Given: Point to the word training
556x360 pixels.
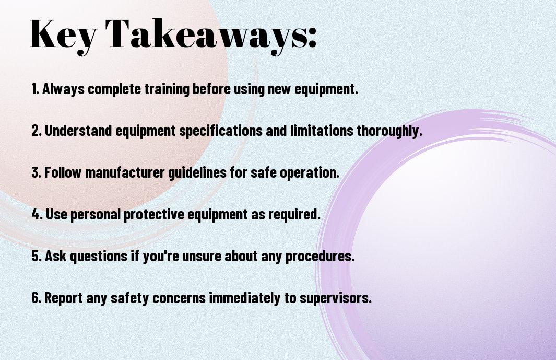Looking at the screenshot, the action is click(x=167, y=89).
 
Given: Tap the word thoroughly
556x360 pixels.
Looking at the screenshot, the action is click(x=389, y=131).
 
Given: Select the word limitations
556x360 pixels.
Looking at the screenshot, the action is click(x=322, y=131).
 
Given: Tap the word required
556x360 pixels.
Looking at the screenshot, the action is click(x=294, y=214).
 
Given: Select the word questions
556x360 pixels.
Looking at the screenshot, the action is click(x=99, y=257).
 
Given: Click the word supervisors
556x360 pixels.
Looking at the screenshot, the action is click(x=336, y=298).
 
